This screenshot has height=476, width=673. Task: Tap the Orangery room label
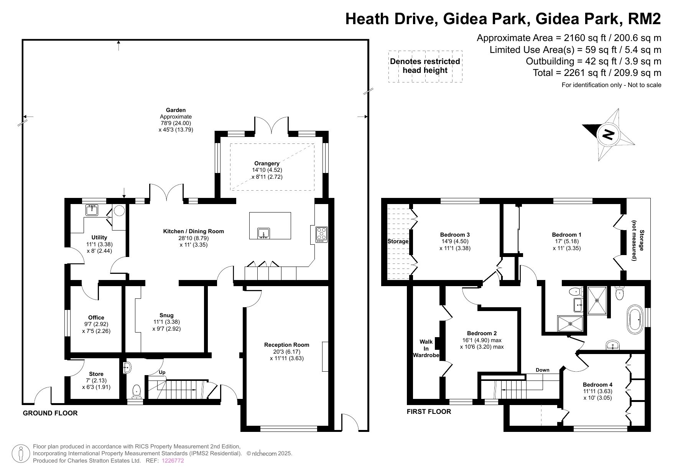[x=267, y=163]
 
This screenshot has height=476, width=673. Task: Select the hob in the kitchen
[x=321, y=234]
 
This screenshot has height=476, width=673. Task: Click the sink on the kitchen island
[x=263, y=233]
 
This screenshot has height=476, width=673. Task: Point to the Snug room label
[x=166, y=316]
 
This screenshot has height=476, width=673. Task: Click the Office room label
[x=96, y=318]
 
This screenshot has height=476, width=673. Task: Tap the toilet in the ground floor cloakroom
[x=137, y=392]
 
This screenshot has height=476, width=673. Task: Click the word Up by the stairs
[x=162, y=372]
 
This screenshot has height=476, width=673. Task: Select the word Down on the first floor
[x=543, y=370]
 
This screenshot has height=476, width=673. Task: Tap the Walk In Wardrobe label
[x=426, y=348]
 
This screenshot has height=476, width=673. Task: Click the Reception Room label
[x=286, y=345]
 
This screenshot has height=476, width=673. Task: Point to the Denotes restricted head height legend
[x=425, y=66]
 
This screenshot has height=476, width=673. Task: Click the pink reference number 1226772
[x=173, y=461]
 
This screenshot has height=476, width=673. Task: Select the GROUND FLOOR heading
[x=50, y=413]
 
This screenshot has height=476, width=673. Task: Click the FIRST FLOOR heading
[x=429, y=412]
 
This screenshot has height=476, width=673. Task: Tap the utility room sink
[x=92, y=211]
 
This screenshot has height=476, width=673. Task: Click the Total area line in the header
[x=597, y=73]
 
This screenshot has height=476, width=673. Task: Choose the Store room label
[x=96, y=374]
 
